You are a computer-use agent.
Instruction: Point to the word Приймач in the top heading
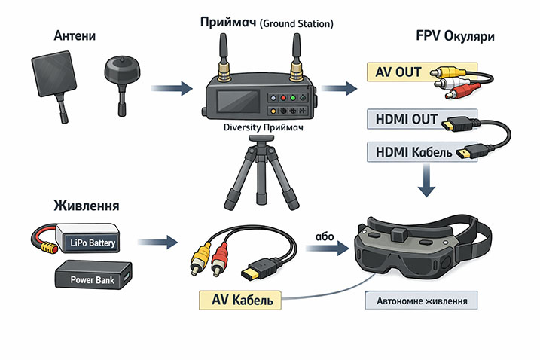tap(228, 23)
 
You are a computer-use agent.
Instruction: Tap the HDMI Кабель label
tap(413, 152)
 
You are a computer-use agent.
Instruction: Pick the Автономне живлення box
tap(421, 301)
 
